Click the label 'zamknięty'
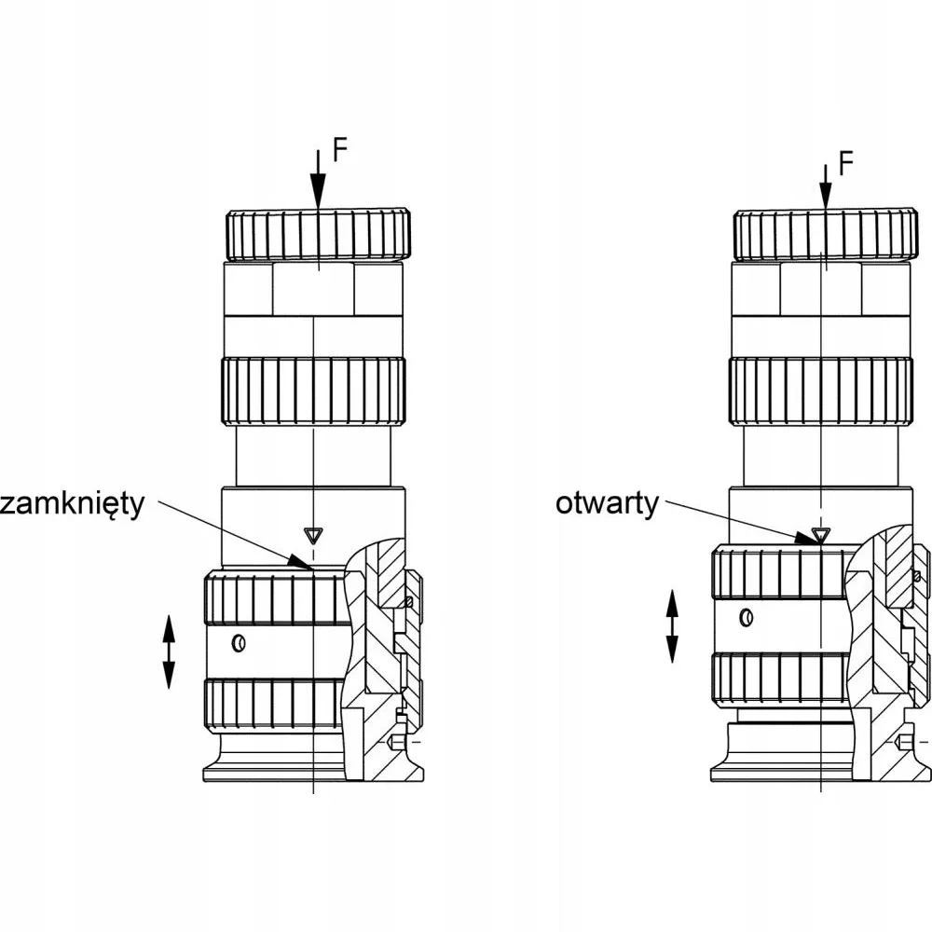[72, 505]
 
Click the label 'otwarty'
[607, 503]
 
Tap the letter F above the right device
[845, 163]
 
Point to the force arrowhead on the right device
[825, 193]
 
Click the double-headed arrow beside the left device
[169, 651]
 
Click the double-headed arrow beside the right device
[672, 626]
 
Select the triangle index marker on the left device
[311, 536]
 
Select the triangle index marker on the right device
[820, 534]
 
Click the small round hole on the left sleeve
[239, 642]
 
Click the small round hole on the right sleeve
[747, 617]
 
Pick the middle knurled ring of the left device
[314, 391]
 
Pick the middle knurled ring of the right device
[821, 391]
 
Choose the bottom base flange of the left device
[273, 774]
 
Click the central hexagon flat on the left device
[314, 289]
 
